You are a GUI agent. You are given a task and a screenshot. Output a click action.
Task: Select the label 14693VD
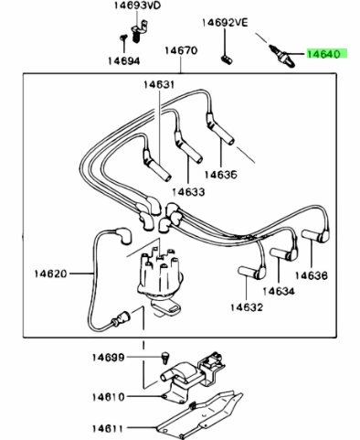137,5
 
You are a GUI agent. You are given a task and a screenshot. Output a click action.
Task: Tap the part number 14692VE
225,23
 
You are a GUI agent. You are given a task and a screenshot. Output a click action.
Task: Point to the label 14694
124,61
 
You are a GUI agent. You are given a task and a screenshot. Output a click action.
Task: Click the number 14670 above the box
181,50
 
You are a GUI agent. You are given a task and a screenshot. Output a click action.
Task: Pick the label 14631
159,84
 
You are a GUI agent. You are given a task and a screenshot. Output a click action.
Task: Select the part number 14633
188,192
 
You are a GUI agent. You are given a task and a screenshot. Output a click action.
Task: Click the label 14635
221,175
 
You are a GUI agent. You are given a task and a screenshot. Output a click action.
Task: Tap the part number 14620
50,274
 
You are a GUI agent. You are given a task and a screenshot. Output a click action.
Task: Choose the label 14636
312,275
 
